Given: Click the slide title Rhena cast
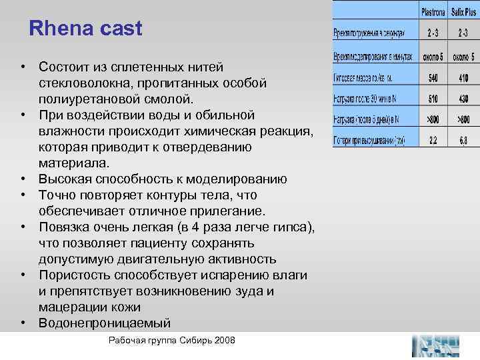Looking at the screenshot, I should tap(86, 29).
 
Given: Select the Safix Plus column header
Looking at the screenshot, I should tap(463, 11).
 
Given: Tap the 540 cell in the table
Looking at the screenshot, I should tap(434, 77).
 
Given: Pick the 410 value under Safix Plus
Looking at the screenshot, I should tap(463, 77).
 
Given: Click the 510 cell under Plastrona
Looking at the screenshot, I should tap(434, 99).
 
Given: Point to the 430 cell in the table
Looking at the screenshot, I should tap(463, 99).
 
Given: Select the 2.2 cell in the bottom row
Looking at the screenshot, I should tap(434, 141).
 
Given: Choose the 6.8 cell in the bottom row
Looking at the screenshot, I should tap(463, 141).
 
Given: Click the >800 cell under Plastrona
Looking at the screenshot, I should tap(434, 120).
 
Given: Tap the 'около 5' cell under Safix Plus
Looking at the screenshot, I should tap(463, 57).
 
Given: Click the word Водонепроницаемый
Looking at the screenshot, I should tap(105, 323).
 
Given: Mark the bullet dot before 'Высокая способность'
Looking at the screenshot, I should tap(23, 179).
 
